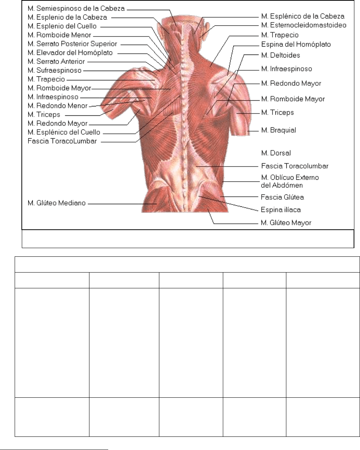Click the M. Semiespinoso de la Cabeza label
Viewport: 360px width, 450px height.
pyautogui.click(x=76, y=8)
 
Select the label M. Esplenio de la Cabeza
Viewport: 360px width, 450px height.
pyautogui.click(x=68, y=17)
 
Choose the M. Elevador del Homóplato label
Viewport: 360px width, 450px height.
pyautogui.click(x=70, y=52)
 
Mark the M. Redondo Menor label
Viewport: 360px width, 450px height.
pyautogui.click(x=57, y=106)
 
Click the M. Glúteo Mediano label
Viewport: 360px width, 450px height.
pyautogui.click(x=57, y=203)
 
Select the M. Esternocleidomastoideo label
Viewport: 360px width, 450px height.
pyautogui.click(x=303, y=26)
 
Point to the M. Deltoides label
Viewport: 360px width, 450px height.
pyautogui.click(x=280, y=55)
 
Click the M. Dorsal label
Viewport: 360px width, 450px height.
pyautogui.click(x=276, y=153)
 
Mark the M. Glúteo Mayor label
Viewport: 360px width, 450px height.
pyautogui.click(x=286, y=223)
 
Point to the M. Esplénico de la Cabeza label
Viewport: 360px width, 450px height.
pyautogui.click(x=303, y=17)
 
